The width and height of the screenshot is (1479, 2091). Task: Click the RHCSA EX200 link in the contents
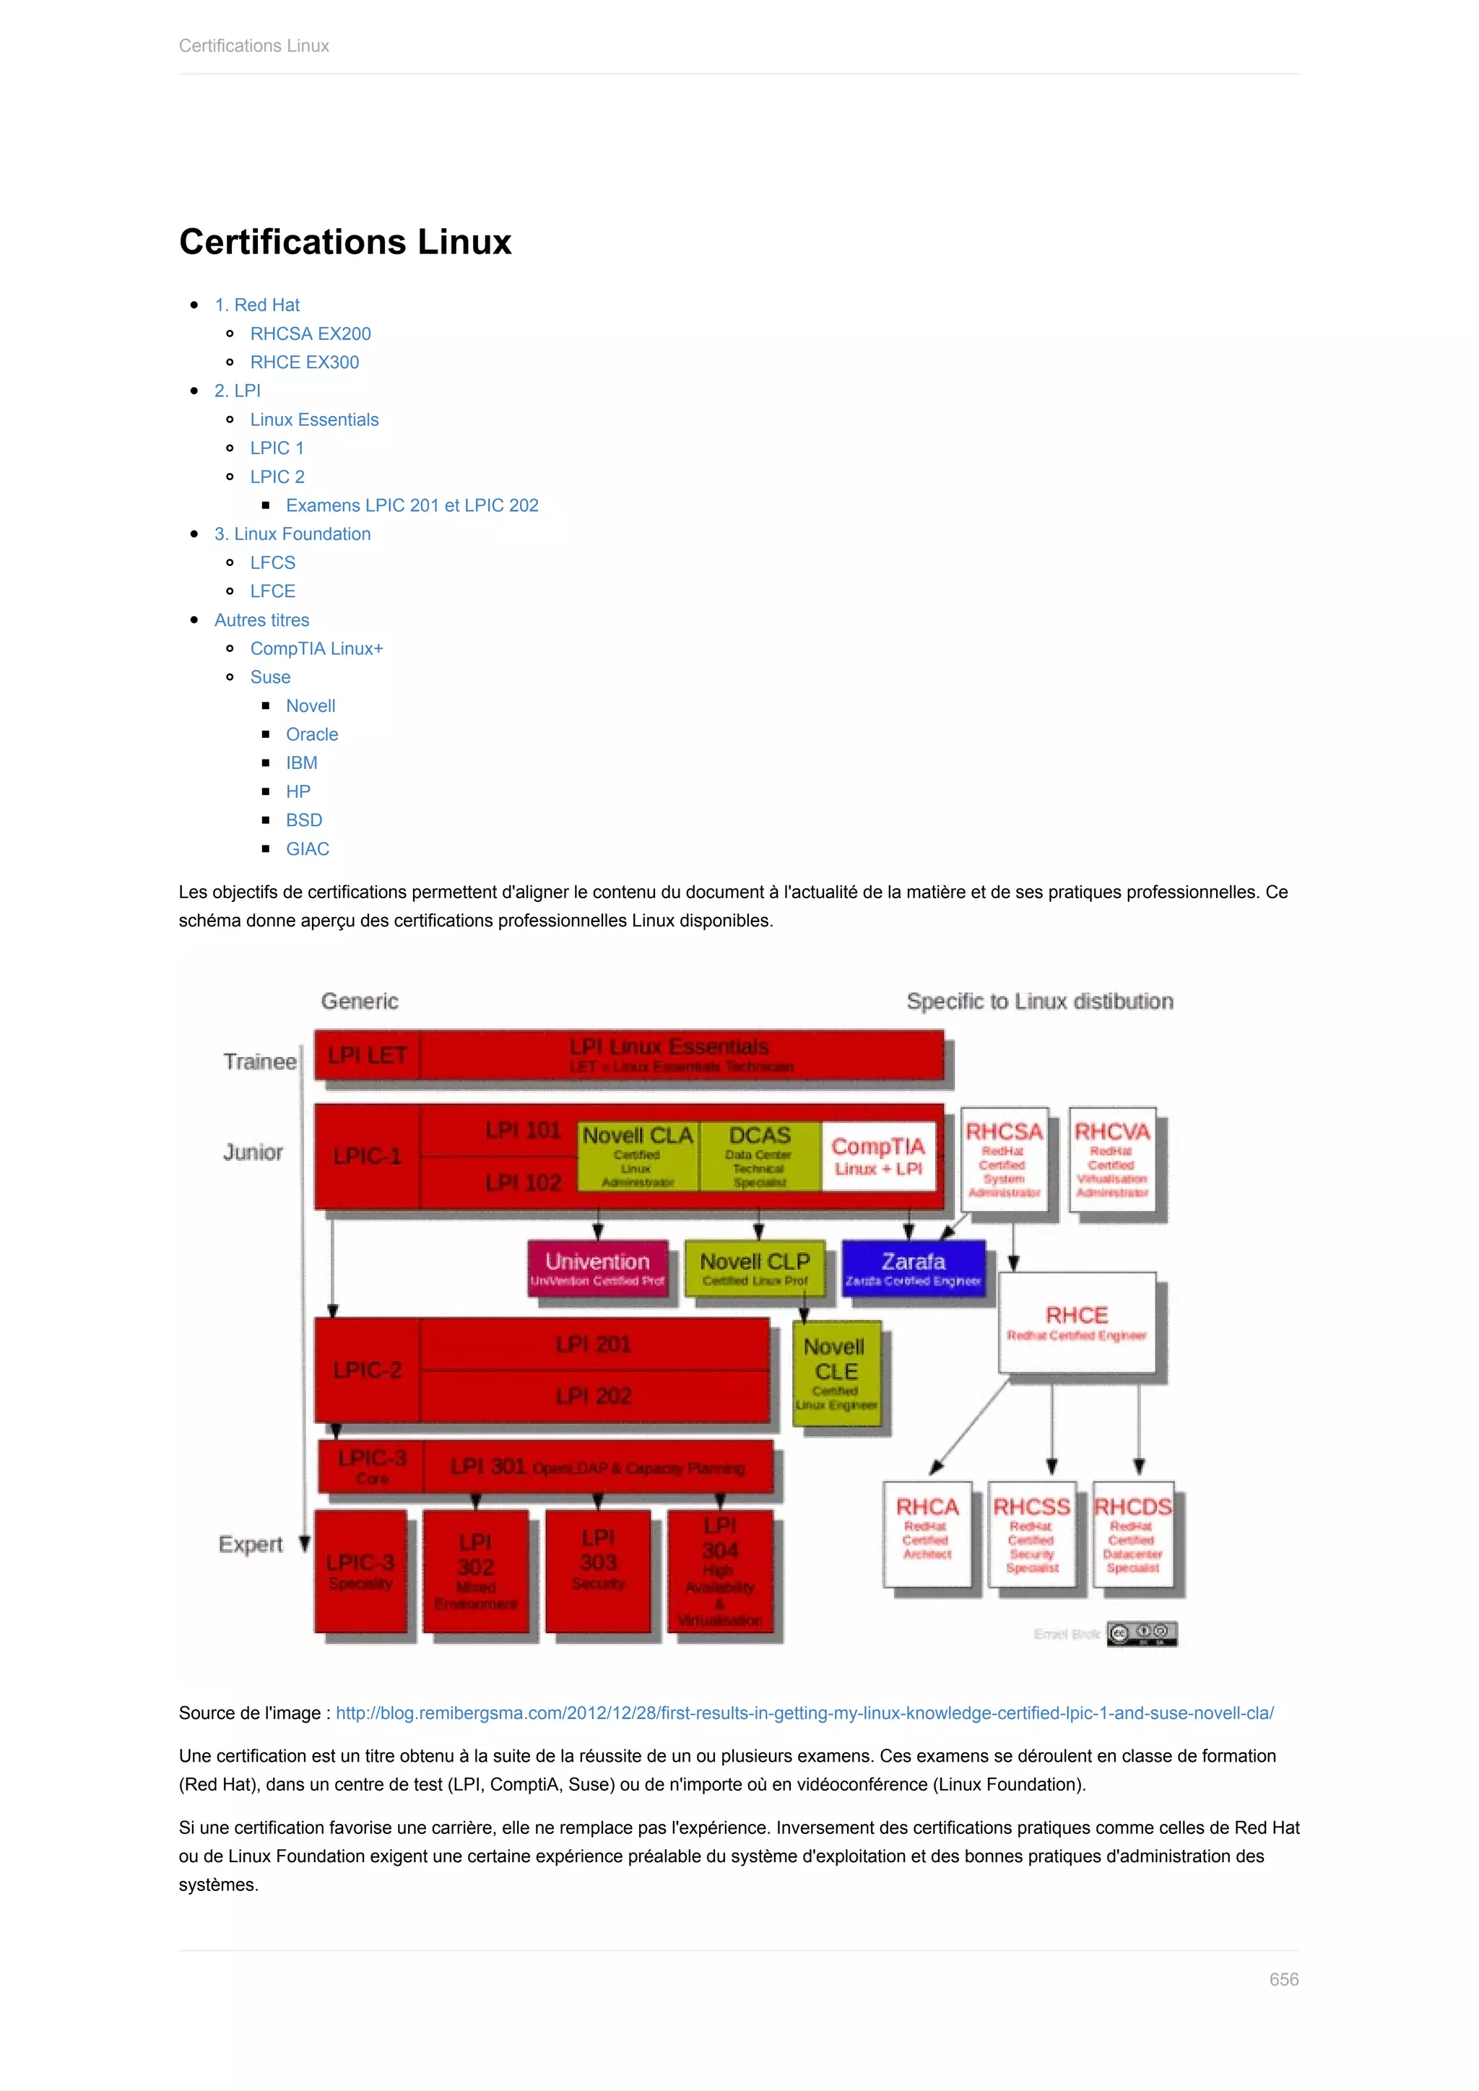point(311,334)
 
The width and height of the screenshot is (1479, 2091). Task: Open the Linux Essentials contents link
point(314,419)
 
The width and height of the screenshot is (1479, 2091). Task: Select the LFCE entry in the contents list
point(272,591)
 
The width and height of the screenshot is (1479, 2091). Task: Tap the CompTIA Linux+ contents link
point(316,648)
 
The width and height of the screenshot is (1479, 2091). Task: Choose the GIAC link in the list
point(307,849)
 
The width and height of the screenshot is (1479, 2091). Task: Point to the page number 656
point(1283,1979)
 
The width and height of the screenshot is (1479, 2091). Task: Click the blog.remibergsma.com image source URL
point(804,1713)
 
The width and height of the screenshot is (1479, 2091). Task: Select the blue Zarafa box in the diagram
point(913,1268)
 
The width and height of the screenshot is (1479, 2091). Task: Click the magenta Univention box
point(597,1268)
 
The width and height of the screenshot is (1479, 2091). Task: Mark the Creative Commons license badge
point(1142,1634)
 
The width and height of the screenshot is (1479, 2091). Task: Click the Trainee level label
point(259,1062)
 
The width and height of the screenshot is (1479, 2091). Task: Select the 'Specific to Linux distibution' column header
point(1039,1001)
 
